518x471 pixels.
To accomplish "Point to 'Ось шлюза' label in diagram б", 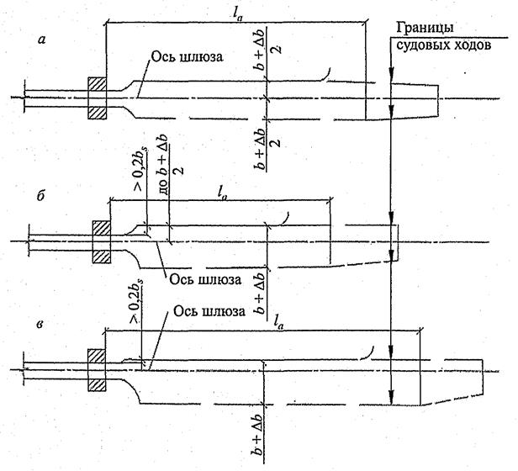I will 200,278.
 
